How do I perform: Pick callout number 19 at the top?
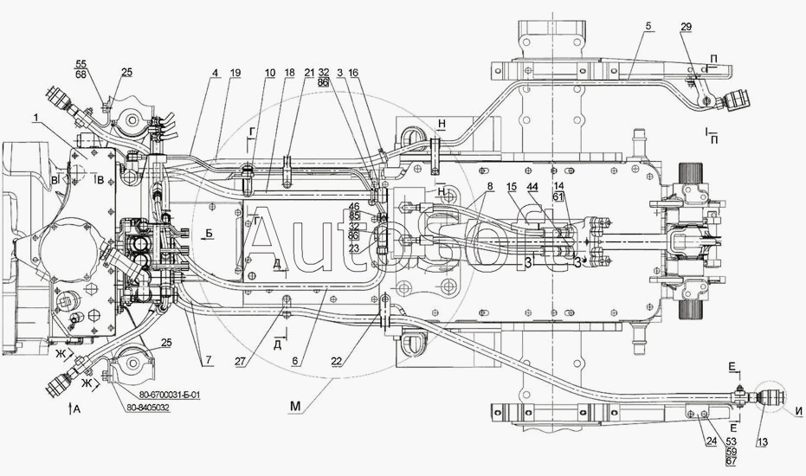(211, 74)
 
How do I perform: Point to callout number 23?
(355, 248)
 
